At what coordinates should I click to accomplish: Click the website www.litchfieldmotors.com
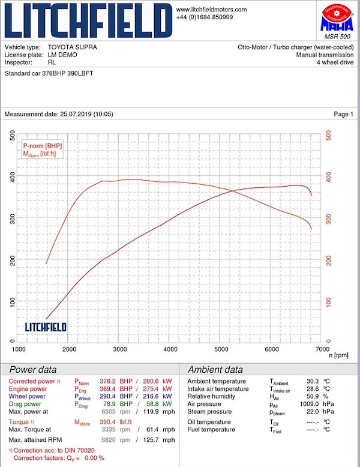pos(211,10)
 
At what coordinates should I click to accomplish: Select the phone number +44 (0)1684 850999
pos(205,17)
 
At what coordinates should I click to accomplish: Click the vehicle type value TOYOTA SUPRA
pos(72,47)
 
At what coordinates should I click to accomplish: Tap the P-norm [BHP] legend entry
pos(42,145)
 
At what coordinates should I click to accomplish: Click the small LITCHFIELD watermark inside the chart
pos(46,327)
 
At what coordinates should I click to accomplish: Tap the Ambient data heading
pos(215,370)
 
